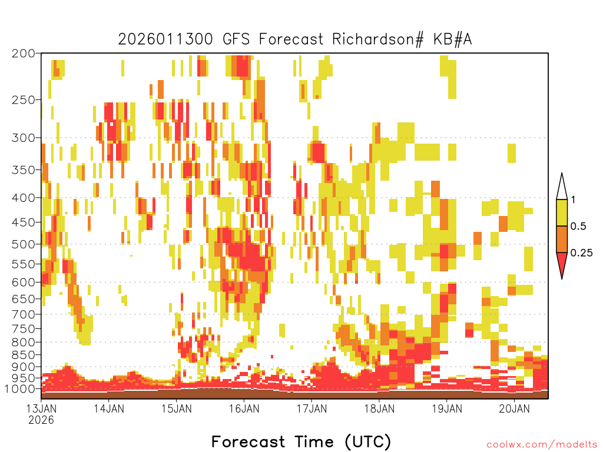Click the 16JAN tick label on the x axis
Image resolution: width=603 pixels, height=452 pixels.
coord(244,408)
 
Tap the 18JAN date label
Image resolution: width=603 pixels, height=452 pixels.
coord(380,408)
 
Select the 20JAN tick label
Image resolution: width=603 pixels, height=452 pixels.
coord(515,408)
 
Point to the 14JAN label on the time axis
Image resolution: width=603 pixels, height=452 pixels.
coord(109,408)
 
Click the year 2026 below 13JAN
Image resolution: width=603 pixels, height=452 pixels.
coord(41,420)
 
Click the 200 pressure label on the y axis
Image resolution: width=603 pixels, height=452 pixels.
coord(24,54)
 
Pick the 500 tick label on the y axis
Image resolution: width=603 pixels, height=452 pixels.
coord(24,244)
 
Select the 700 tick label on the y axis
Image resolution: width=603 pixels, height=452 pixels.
coord(24,314)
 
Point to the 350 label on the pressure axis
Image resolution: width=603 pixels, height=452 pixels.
coord(24,170)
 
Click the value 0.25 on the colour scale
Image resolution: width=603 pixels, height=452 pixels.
coord(581,252)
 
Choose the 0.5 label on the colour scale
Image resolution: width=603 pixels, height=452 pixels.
coord(578,226)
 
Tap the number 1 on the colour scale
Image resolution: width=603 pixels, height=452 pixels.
coord(573,200)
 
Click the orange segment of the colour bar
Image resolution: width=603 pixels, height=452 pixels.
coord(562,239)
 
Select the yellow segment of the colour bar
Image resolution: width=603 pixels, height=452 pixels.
coord(562,212)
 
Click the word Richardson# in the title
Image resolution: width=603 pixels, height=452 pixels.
coord(378,39)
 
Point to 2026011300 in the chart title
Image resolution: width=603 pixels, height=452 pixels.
coord(165,39)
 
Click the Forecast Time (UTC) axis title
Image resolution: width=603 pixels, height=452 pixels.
coord(301,442)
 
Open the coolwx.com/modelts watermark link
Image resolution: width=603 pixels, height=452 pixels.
coord(542,445)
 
